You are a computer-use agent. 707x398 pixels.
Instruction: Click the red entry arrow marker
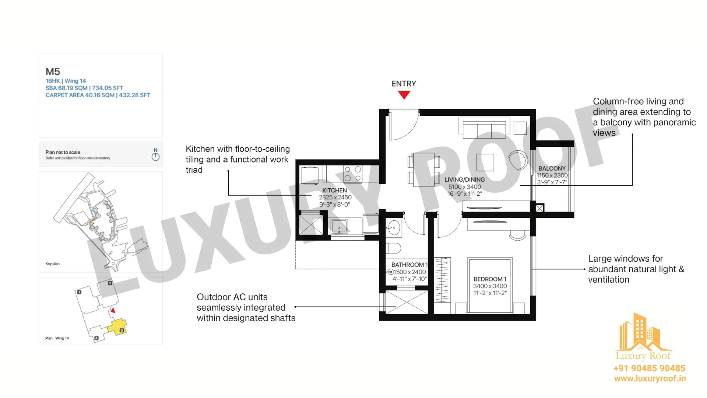(404, 95)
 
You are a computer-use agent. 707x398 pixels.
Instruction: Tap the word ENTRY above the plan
(404, 84)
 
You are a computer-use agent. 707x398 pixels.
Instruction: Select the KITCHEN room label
(334, 190)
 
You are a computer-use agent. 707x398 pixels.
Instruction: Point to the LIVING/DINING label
(464, 179)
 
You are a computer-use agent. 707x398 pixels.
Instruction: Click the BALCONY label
(552, 168)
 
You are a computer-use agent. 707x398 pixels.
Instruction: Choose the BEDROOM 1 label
(490, 279)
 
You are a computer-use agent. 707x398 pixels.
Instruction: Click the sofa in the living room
(484, 127)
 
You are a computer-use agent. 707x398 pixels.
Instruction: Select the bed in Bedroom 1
(490, 285)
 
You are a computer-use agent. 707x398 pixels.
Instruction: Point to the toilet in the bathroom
(393, 248)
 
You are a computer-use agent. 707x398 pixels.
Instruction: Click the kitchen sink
(339, 226)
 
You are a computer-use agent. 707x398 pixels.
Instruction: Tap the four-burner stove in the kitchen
(352, 174)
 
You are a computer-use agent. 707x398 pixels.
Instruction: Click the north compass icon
(155, 154)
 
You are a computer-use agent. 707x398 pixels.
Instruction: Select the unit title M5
(53, 71)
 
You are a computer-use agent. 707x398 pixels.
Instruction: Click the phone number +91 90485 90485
(649, 368)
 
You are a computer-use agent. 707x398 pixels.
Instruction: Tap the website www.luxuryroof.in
(650, 378)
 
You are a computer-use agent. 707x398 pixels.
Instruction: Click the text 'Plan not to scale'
(63, 152)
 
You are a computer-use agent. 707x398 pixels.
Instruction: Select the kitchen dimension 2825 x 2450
(335, 197)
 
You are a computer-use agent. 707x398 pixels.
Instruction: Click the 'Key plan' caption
(52, 263)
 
